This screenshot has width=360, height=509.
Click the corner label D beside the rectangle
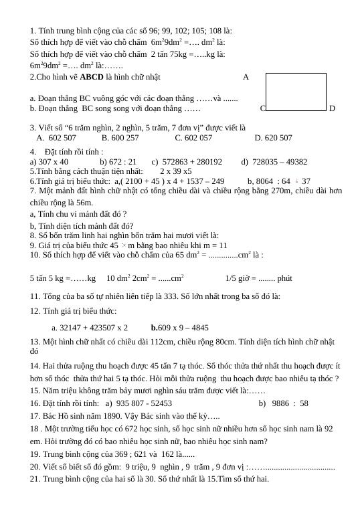332,108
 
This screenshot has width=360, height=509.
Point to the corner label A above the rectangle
246,77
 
